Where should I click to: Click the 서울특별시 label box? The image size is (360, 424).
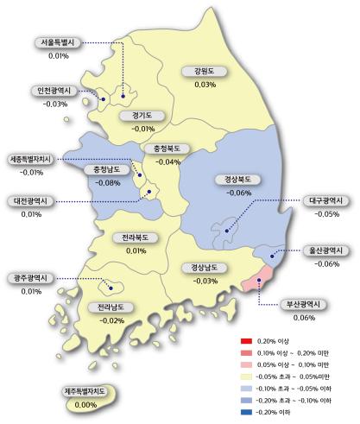[x=59, y=42]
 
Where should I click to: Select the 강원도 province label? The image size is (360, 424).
[x=205, y=72]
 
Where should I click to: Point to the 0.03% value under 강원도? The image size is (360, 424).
[x=205, y=85]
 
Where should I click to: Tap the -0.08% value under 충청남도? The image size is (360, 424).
[x=109, y=182]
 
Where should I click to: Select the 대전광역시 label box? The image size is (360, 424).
[x=32, y=200]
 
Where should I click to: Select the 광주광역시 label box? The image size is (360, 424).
[x=31, y=277]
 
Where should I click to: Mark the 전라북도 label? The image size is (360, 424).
[x=136, y=237]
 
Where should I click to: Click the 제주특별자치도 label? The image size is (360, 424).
[x=85, y=391]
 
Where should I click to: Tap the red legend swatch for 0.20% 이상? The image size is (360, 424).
[x=246, y=342]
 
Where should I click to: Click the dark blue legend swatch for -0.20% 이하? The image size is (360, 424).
[x=246, y=413]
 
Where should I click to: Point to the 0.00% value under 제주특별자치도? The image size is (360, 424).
[x=85, y=404]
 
